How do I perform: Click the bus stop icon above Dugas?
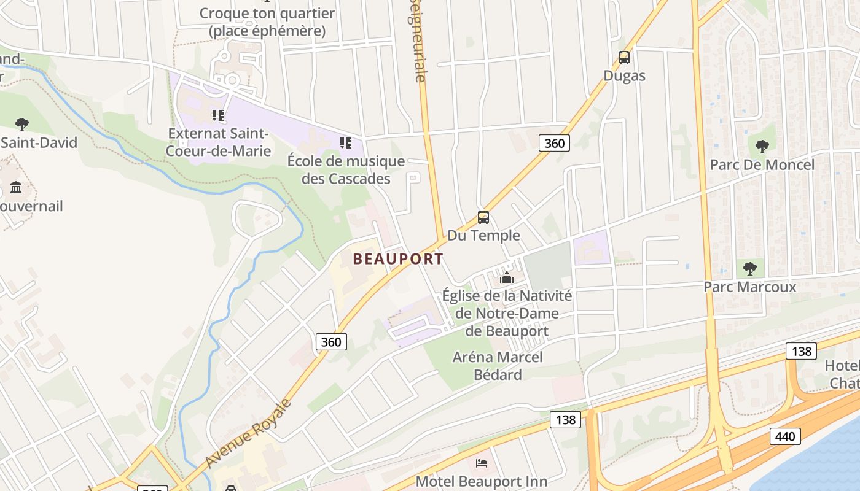tap(624, 58)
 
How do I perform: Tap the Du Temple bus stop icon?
tap(483, 217)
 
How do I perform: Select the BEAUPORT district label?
tap(398, 259)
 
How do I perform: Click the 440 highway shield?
tap(784, 436)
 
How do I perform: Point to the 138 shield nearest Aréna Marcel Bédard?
tap(565, 419)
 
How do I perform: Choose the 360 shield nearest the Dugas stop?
tap(554, 143)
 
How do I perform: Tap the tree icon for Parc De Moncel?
tap(762, 147)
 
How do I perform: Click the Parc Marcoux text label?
tap(749, 287)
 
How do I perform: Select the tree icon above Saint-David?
tap(22, 125)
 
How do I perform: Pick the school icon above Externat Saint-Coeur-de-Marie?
tap(217, 115)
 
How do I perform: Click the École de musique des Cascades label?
tap(346, 170)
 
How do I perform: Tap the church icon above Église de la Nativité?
tap(507, 278)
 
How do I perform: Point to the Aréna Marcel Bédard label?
tap(498, 366)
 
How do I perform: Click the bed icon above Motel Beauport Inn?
tap(482, 463)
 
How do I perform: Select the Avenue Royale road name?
tap(249, 433)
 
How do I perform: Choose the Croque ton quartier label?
tap(267, 21)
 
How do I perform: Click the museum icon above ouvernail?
tap(16, 187)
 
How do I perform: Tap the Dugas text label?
tap(624, 75)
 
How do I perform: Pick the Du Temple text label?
tap(483, 235)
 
